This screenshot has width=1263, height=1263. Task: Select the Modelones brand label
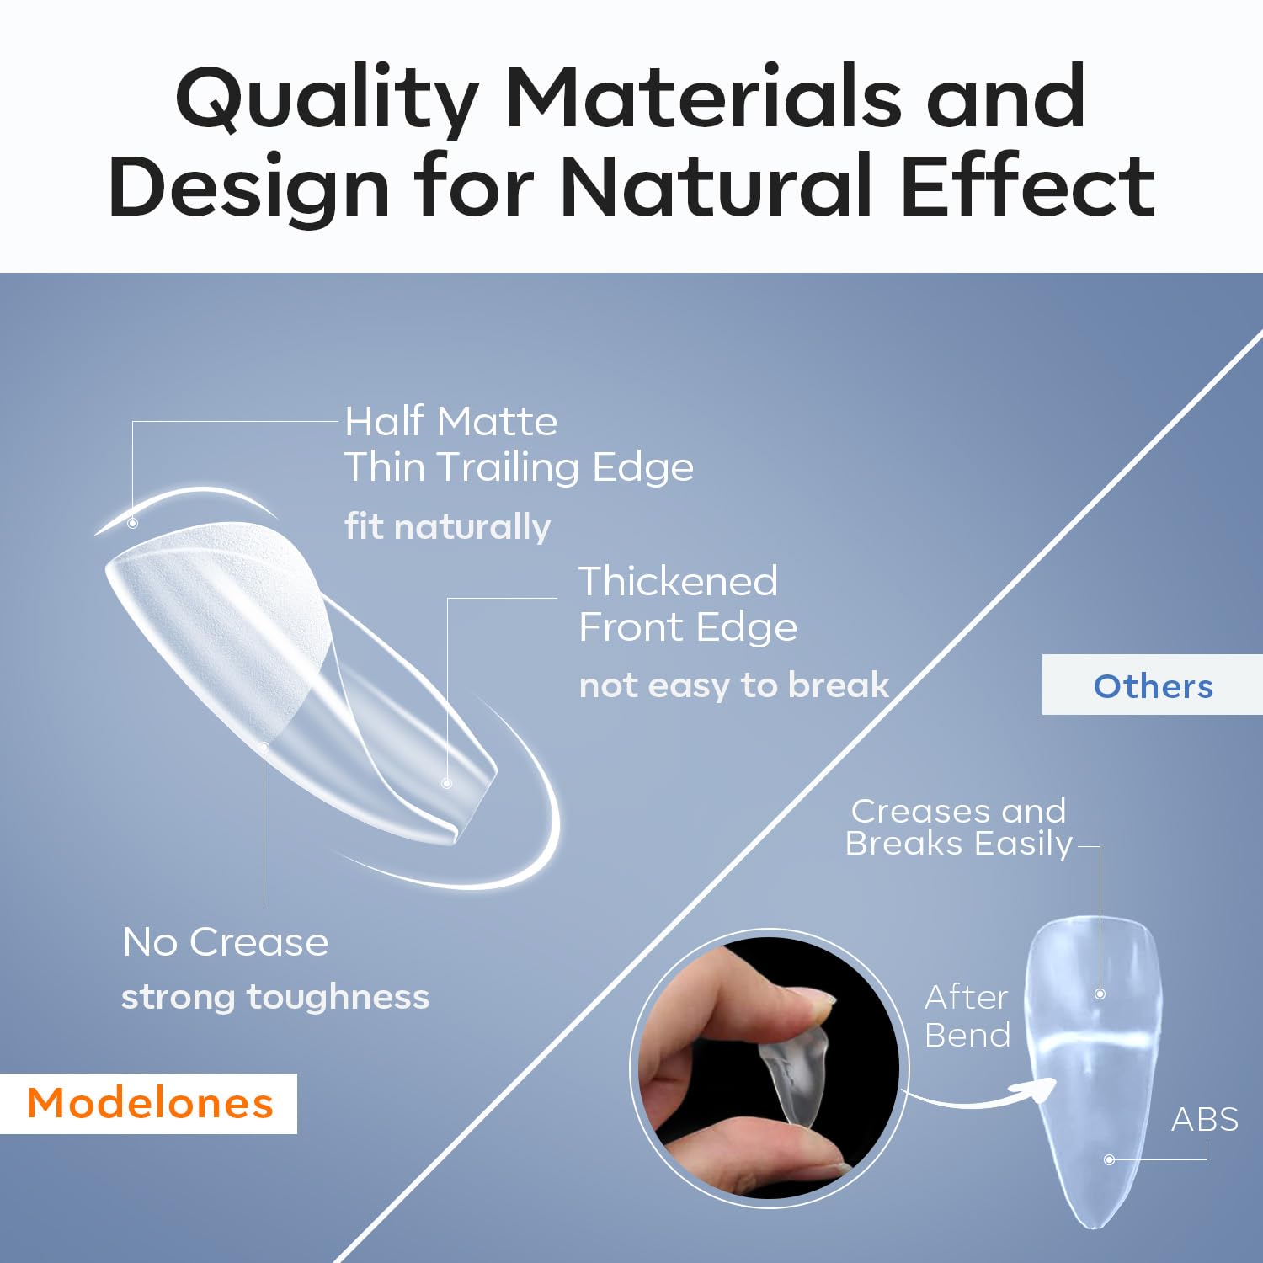tap(150, 1103)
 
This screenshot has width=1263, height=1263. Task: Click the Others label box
tap(1153, 685)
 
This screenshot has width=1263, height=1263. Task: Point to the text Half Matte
tap(450, 421)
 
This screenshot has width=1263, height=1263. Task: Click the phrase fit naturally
tap(447, 526)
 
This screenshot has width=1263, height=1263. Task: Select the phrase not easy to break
tap(733, 685)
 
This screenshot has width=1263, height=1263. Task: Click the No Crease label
tap(226, 941)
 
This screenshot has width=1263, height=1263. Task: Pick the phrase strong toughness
tap(275, 996)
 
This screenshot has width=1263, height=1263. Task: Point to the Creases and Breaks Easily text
tap(958, 827)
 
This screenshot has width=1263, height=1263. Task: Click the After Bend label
tap(967, 1015)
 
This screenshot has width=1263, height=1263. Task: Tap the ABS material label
tap(1205, 1119)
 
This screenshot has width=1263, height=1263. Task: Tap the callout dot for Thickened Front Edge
tap(447, 783)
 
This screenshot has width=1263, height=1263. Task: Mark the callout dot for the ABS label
tap(1110, 1159)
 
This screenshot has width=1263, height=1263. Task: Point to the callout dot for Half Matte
tap(132, 523)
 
